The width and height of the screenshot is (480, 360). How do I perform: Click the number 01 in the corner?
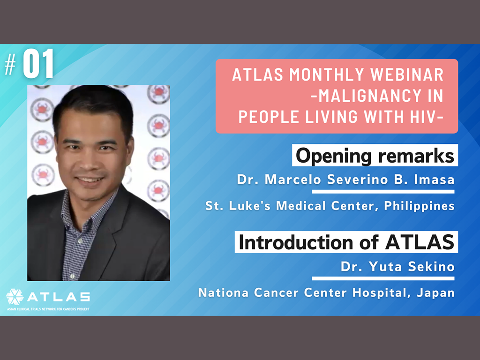38,64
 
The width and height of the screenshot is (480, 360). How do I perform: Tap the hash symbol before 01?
10,64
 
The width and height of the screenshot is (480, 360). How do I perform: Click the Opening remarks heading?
375,156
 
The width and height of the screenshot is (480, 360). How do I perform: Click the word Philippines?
419,206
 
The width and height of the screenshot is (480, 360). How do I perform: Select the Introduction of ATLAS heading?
346,242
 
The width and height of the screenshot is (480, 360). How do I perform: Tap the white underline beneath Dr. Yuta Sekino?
383,278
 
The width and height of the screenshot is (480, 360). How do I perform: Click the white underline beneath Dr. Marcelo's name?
383,192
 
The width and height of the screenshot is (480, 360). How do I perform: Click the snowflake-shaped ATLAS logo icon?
15,297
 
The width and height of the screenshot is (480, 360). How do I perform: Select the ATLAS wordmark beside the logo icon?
59,297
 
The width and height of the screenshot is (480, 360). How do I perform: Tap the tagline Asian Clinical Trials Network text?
48,309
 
